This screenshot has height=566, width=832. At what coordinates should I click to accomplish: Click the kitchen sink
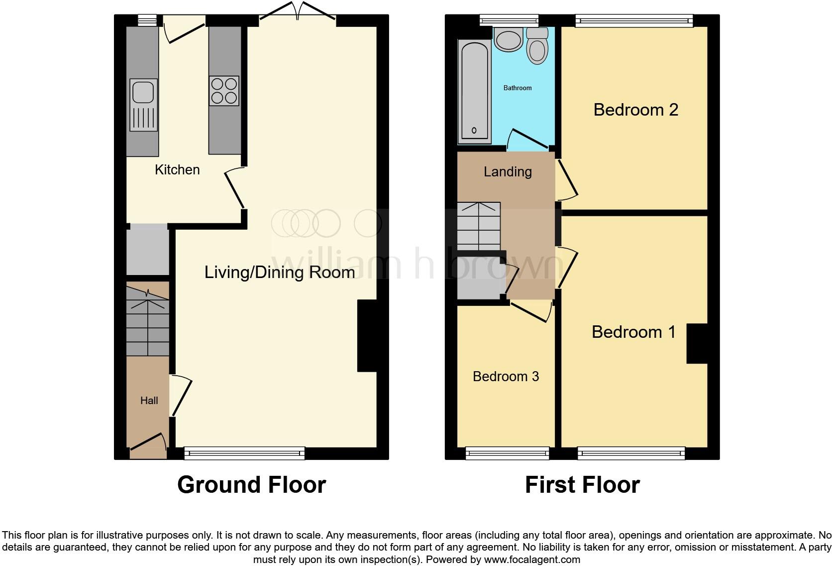pos(144,105)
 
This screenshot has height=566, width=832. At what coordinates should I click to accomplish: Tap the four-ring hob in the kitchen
pos(224,91)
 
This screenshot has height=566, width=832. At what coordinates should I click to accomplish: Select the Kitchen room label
pos(177,170)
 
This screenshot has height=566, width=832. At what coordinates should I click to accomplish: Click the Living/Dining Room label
pos(280,272)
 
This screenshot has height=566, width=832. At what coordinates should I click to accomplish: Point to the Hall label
pos(149,401)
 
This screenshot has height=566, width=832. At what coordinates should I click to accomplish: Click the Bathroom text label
pos(518,88)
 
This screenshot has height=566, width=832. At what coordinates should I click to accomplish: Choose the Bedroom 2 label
pos(635,110)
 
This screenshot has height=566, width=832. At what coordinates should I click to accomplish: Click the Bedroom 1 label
pos(633,332)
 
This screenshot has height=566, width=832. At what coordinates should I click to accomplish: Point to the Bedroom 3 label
pos(506,376)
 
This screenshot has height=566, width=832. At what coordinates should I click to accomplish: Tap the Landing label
pos(508,172)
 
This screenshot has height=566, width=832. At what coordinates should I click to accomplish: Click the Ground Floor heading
pos(251,485)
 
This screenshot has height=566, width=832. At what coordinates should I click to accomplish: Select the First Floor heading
pos(582,485)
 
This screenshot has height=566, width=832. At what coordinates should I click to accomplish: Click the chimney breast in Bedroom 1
pos(697,343)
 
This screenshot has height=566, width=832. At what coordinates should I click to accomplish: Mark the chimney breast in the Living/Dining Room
pos(367,336)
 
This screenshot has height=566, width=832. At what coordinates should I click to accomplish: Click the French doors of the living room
pos(298,12)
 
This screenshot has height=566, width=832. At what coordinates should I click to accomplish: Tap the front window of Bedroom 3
pos(507,452)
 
